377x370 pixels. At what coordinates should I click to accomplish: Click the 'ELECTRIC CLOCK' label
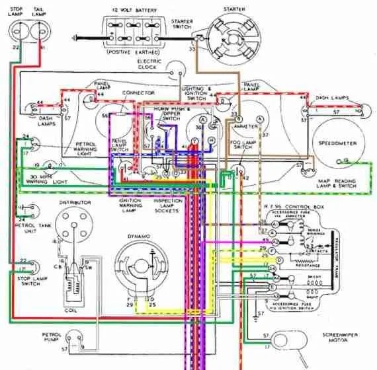coord(149,64)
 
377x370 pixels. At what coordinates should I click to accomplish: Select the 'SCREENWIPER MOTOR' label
coord(341,339)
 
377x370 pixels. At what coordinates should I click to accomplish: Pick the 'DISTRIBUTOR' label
coord(75,202)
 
